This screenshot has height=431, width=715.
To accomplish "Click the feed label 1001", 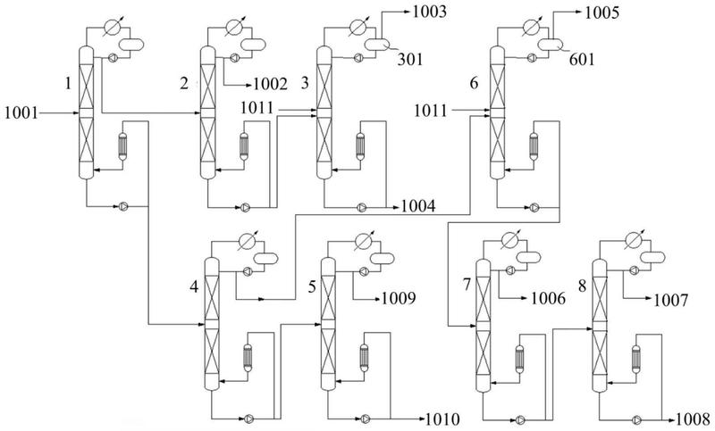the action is (x=21, y=112).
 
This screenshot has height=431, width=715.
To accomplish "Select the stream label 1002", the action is (x=271, y=84).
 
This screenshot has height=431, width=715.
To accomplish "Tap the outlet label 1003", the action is (x=430, y=12).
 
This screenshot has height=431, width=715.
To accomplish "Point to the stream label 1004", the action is (x=418, y=206).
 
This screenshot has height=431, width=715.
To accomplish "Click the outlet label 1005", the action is (x=601, y=12).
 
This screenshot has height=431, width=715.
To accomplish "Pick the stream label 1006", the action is (x=548, y=299).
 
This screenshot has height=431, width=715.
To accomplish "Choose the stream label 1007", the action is (x=670, y=300).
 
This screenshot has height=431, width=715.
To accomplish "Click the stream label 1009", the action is (x=399, y=298).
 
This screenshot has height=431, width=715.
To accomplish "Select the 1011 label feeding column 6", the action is (x=431, y=110).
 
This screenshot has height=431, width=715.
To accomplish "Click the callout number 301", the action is (x=410, y=59).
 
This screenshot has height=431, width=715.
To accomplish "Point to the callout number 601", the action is (x=582, y=59).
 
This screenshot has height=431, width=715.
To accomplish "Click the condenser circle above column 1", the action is (x=111, y=27).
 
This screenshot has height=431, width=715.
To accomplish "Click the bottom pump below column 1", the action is (x=123, y=207).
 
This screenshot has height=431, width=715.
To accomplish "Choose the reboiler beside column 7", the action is (x=519, y=359).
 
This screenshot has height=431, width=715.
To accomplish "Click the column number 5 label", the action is (x=312, y=287).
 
